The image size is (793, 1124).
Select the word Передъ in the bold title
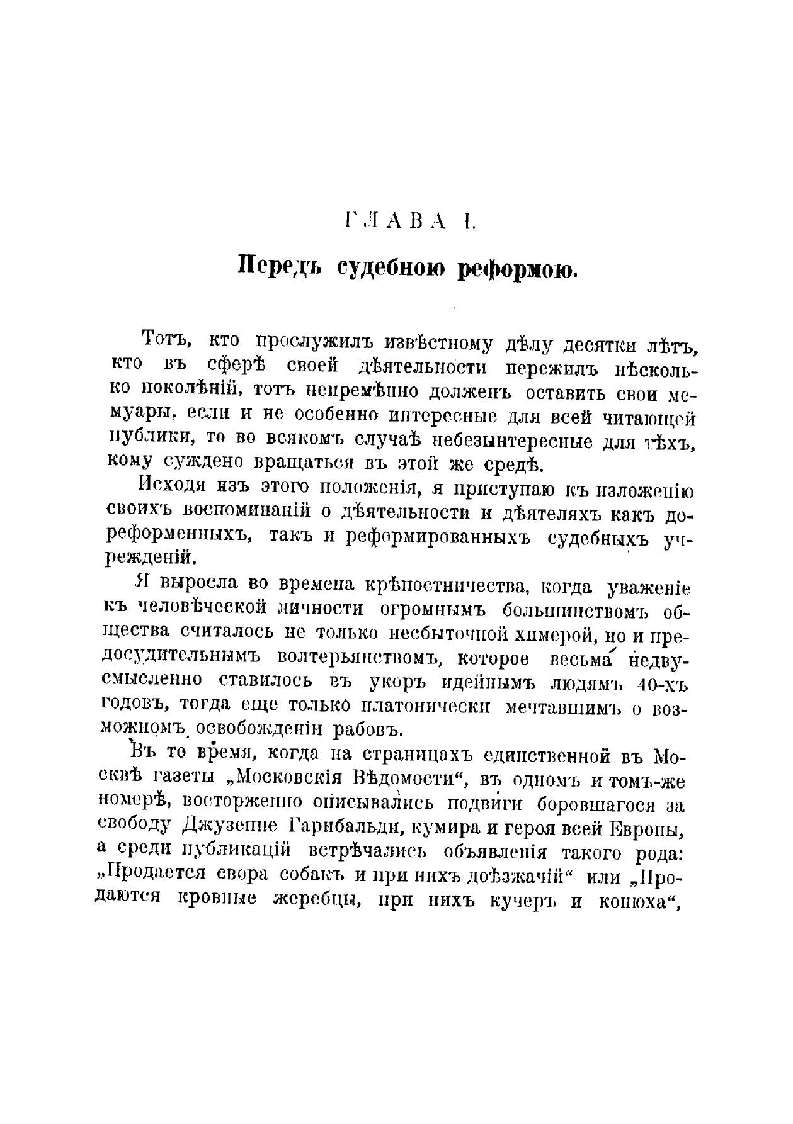pos(280,267)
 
